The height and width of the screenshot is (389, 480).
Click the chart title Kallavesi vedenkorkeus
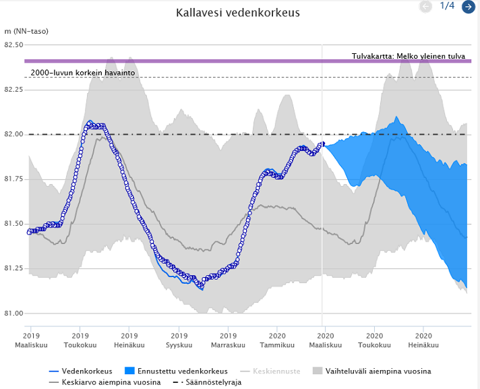(x=237, y=13)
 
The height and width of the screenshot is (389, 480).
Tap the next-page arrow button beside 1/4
(x=469, y=7)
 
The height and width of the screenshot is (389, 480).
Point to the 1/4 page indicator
(x=447, y=6)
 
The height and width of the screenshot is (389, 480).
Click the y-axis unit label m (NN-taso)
(x=26, y=31)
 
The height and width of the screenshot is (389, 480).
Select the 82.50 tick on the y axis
(x=13, y=44)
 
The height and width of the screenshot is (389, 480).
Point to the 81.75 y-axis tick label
(x=13, y=179)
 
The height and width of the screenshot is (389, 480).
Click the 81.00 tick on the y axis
(x=13, y=313)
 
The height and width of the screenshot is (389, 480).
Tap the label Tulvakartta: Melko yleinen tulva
(x=409, y=57)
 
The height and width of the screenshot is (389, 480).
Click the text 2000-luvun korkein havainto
(x=83, y=73)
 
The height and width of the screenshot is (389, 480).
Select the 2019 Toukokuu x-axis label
(x=80, y=340)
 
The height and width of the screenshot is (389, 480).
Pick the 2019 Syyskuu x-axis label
(x=179, y=340)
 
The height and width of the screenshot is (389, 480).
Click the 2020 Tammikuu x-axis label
(x=277, y=340)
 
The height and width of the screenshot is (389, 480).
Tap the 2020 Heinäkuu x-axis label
(x=423, y=340)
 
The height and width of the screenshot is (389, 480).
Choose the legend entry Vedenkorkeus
(x=81, y=371)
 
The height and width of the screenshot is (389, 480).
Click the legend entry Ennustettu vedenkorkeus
(x=177, y=371)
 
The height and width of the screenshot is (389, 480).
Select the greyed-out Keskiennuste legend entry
(x=270, y=371)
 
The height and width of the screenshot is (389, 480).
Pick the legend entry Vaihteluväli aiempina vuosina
(x=372, y=371)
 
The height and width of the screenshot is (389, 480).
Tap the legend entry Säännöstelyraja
(x=207, y=382)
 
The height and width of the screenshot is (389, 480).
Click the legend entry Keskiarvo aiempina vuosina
(x=104, y=382)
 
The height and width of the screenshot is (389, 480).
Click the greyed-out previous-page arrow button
(x=425, y=7)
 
